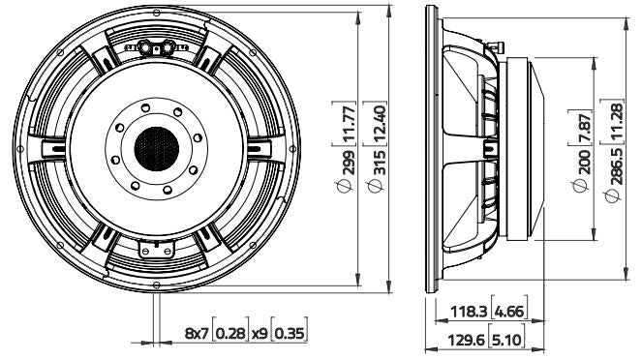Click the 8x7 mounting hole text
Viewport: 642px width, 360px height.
pyautogui.click(x=196, y=334)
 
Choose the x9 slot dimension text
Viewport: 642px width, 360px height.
pyautogui.click(x=260, y=334)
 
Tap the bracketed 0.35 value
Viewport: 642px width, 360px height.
pyautogui.click(x=288, y=334)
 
